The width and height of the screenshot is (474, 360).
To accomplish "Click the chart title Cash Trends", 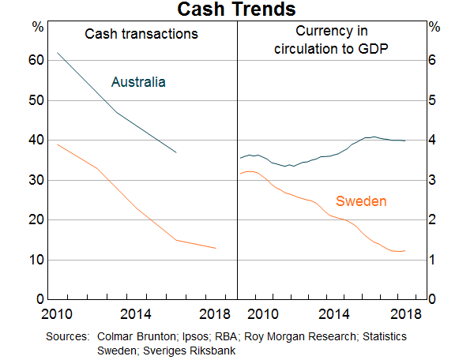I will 236,9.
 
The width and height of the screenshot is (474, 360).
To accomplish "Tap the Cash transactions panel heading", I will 141,34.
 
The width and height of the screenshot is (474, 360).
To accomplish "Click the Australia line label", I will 138,81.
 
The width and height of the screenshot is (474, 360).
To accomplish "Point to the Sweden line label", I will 361,201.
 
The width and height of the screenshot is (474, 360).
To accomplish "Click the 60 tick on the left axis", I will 34,61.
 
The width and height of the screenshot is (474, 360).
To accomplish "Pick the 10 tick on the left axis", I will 34,260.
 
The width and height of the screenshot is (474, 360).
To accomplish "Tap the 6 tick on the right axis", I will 434,61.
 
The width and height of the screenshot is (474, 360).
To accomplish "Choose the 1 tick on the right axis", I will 434,260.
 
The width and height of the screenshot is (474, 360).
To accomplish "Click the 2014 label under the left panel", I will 137,313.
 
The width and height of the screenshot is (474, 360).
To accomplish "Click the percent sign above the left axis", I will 38,27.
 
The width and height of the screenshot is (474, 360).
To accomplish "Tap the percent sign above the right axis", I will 434,27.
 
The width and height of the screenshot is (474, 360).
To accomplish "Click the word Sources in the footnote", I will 68,337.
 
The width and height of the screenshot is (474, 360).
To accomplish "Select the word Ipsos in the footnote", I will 187,337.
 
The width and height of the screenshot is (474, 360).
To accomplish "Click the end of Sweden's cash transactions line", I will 216,249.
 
